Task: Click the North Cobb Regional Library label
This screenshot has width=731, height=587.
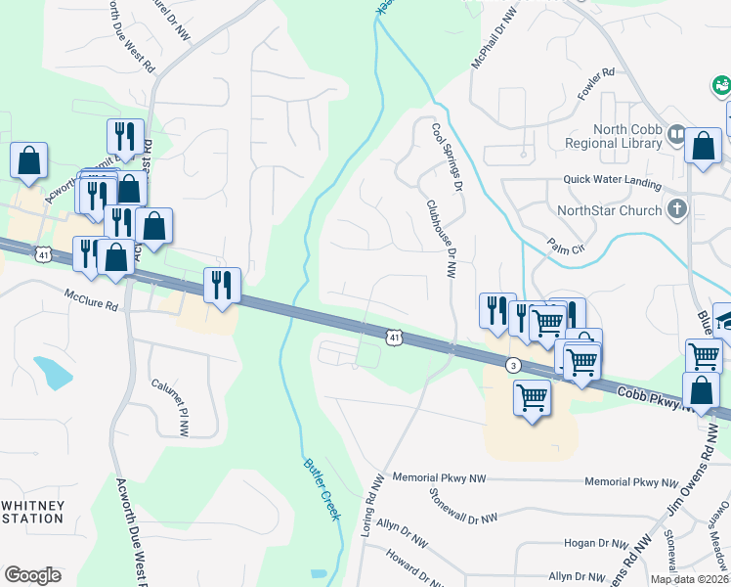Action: coord(613,136)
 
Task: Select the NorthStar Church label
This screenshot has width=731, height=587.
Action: coord(608,209)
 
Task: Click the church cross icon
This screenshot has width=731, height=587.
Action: coord(676,208)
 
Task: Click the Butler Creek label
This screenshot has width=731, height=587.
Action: coord(322,489)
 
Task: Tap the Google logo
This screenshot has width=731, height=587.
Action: coord(32,574)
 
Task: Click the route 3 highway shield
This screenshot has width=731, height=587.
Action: coord(512,365)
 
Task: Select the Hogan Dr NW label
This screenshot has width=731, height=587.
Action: coord(598,543)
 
